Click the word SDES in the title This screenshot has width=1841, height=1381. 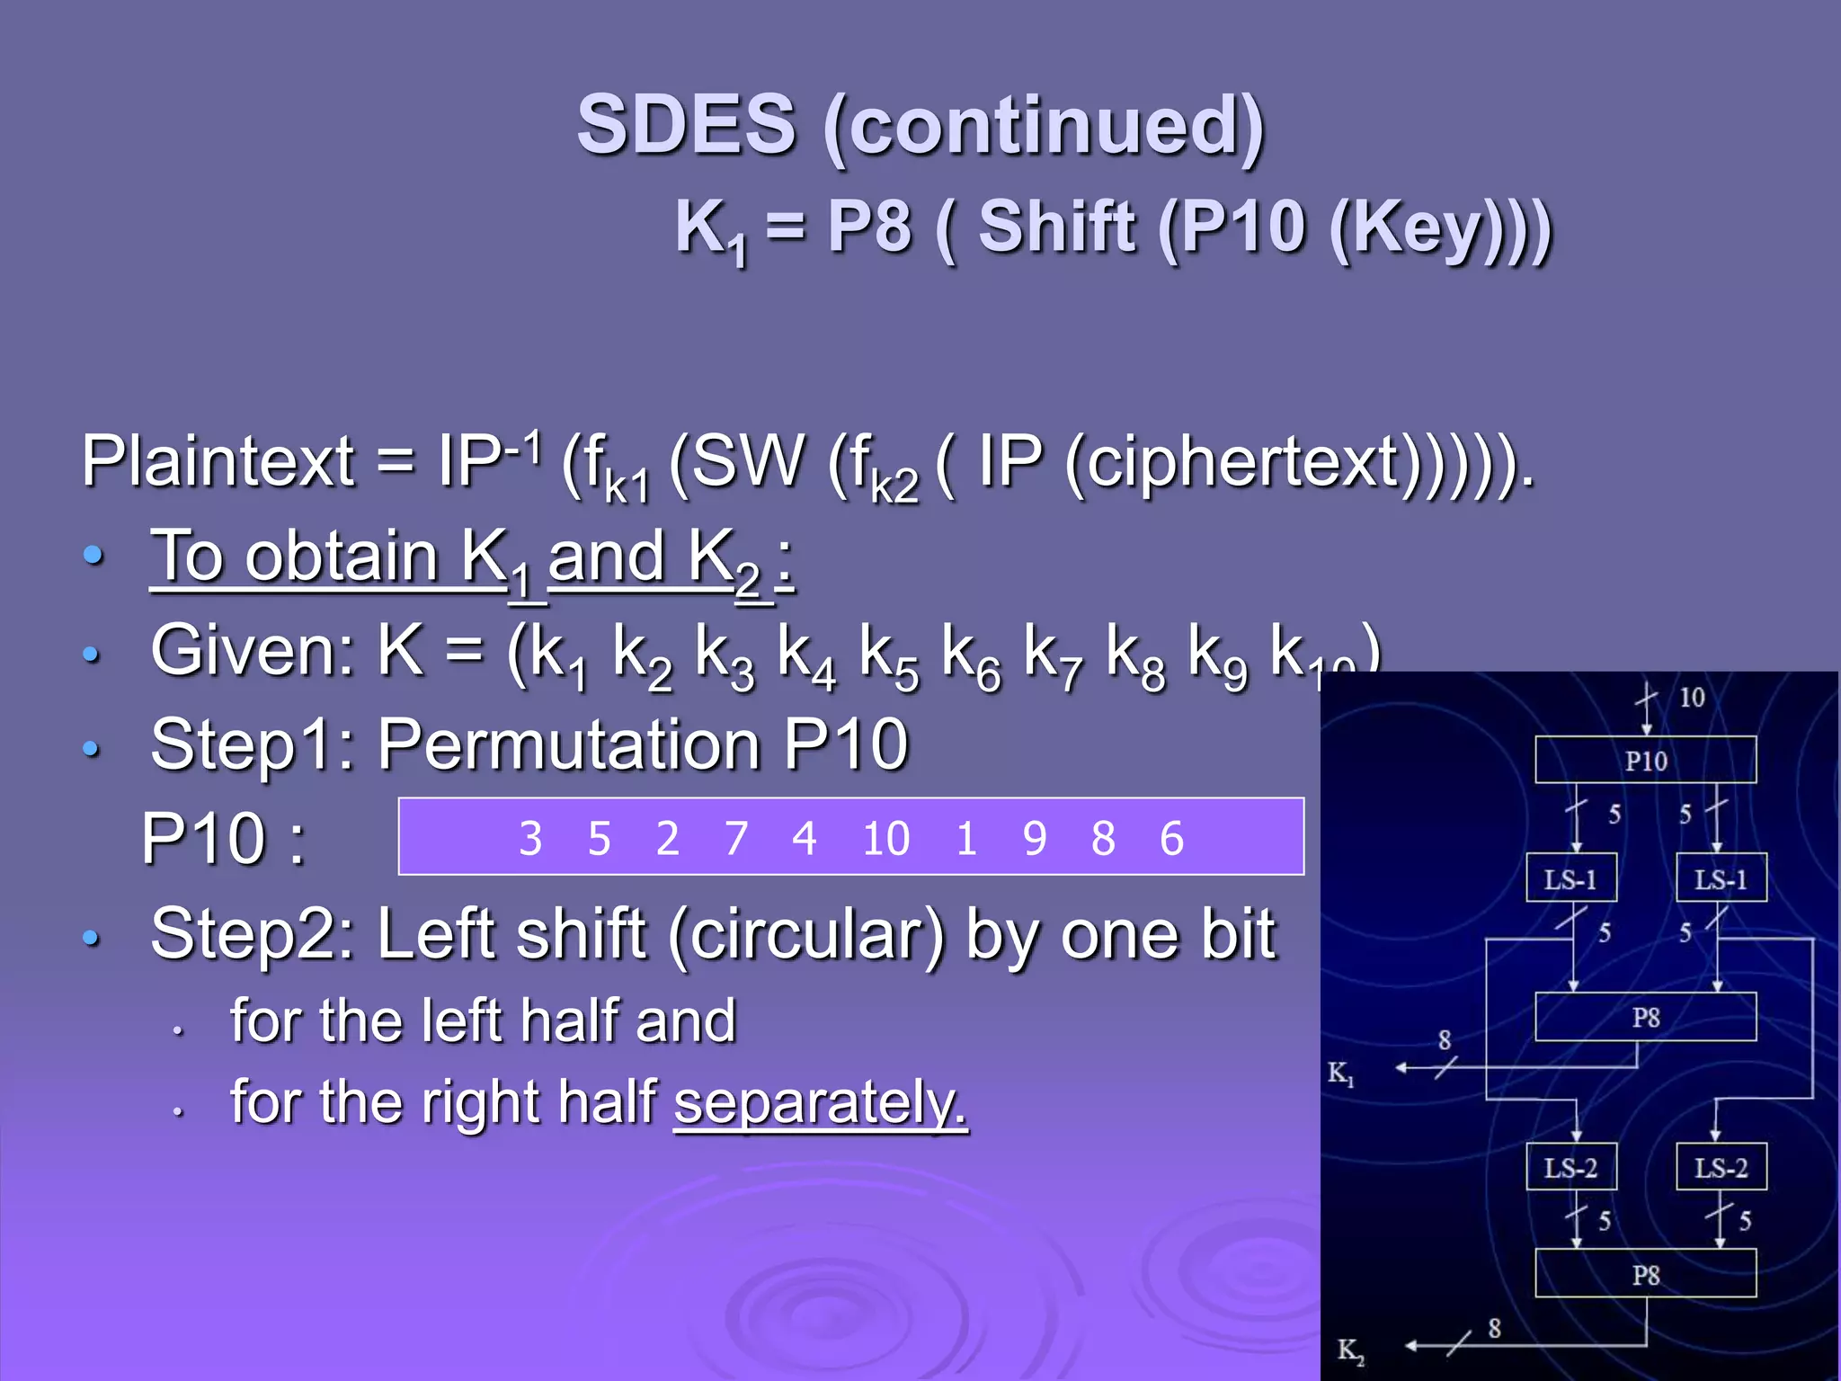click(687, 124)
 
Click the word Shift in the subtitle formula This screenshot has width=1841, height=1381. click(1057, 227)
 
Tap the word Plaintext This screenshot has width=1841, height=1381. click(218, 461)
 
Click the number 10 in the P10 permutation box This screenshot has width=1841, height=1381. click(885, 839)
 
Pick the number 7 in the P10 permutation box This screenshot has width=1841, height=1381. click(736, 839)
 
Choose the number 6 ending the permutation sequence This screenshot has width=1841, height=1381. click(1171, 839)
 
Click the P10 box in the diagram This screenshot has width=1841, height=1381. click(1645, 761)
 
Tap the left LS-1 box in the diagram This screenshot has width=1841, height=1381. click(1571, 878)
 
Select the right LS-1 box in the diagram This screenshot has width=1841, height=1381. click(1721, 878)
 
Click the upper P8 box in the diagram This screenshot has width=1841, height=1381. click(1645, 1017)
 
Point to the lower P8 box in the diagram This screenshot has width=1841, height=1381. click(1645, 1274)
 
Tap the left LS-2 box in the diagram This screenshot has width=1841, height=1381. click(1571, 1167)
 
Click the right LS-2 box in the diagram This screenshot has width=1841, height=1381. click(1721, 1167)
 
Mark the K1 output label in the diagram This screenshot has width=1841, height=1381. click(1340, 1073)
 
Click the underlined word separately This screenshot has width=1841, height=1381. click(820, 1102)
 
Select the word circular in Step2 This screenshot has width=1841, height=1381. click(806, 935)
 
